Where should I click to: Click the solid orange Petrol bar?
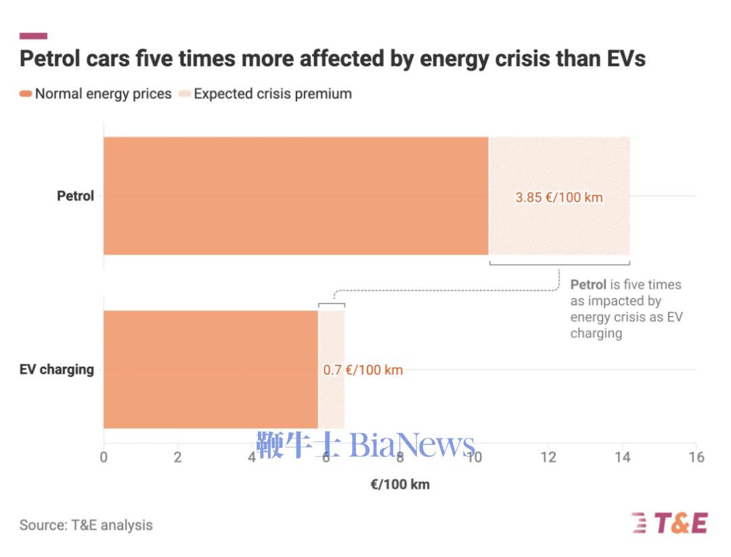click(x=296, y=196)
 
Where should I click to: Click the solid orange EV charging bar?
click(x=211, y=369)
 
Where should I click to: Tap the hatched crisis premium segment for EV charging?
click(x=331, y=406)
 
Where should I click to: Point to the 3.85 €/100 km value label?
click(x=559, y=198)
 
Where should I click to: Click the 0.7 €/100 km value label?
click(x=363, y=370)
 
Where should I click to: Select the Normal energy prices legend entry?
click(x=95, y=94)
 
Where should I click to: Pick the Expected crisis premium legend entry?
click(x=265, y=94)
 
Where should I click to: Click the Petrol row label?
click(x=75, y=196)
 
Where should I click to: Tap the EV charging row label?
click(x=57, y=370)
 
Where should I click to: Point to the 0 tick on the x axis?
click(x=104, y=458)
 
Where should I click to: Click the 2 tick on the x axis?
click(x=177, y=458)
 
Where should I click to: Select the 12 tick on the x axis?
click(x=548, y=458)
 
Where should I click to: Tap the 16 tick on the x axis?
click(x=696, y=458)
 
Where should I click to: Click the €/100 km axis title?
click(x=400, y=485)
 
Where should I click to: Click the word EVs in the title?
click(x=623, y=58)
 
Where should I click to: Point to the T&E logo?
click(x=669, y=523)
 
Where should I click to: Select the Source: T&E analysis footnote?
click(x=86, y=525)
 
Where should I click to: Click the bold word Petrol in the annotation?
click(x=588, y=285)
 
